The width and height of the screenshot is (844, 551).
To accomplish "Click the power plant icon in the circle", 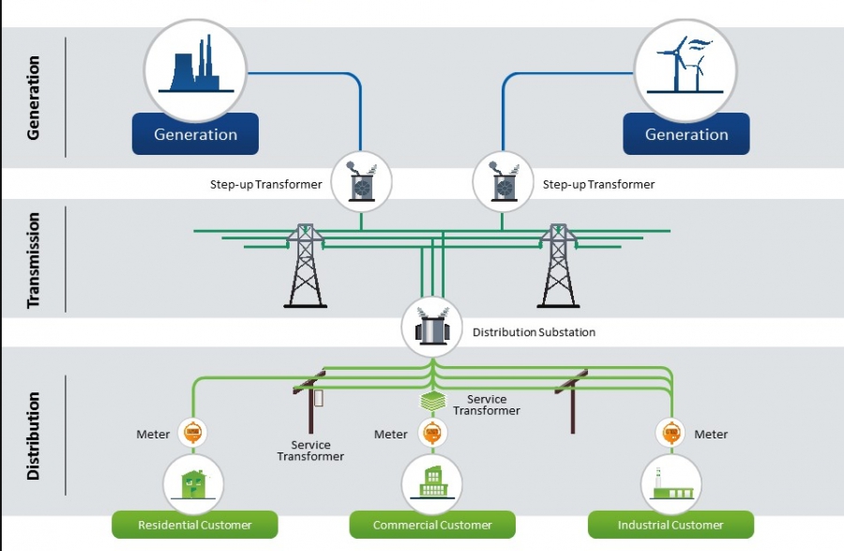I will [196, 69].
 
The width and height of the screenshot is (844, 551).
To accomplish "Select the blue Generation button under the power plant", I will [196, 134].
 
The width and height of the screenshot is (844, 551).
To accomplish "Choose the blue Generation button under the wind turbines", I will [686, 134].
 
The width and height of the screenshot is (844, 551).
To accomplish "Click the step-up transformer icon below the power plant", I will [361, 181].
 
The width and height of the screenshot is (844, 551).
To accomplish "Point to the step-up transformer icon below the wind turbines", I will [502, 181].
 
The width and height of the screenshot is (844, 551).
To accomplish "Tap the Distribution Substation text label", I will [534, 332].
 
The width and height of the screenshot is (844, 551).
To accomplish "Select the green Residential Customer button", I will [195, 525].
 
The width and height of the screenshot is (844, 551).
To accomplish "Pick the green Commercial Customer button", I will [432, 525].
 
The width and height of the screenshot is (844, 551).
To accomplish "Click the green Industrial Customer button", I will [671, 525].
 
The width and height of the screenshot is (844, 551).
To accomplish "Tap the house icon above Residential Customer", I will [195, 484].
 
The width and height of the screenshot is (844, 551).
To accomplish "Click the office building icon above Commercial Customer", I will [432, 484].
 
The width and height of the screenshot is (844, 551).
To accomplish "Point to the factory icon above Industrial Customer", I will [671, 484].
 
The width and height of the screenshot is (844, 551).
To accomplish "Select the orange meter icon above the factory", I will [671, 434].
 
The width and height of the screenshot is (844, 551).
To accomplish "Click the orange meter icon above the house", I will [192, 434].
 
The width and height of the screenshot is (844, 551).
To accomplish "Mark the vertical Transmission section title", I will [34, 260].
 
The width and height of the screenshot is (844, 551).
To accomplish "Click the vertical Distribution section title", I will [34, 436].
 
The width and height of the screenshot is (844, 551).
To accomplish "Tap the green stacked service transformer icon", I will [431, 401].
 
